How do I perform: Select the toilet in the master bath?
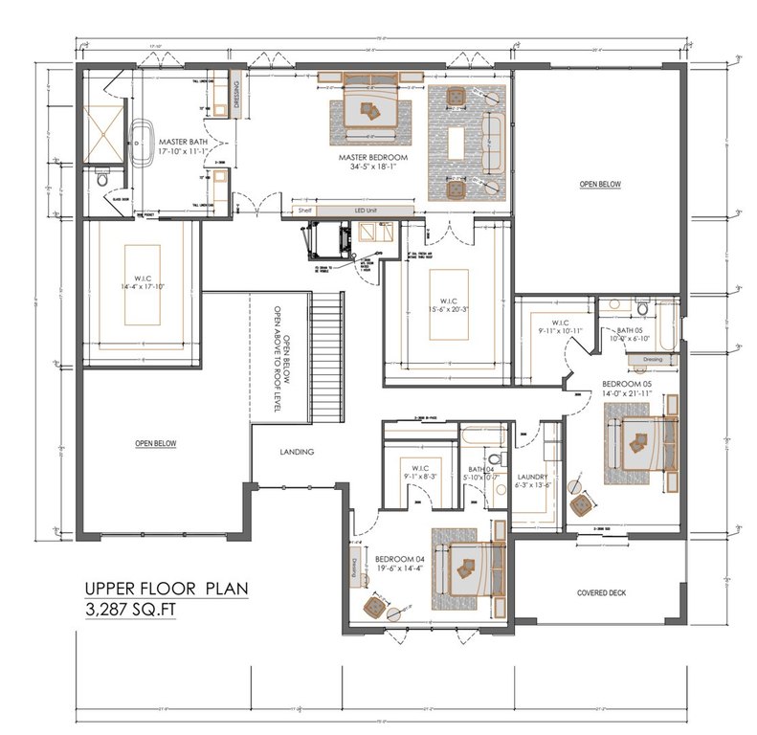(x=101, y=178)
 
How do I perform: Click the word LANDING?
(x=297, y=452)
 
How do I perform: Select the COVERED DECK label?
(x=601, y=592)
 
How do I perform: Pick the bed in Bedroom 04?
(x=466, y=565)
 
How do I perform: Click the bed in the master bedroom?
(x=367, y=108)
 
